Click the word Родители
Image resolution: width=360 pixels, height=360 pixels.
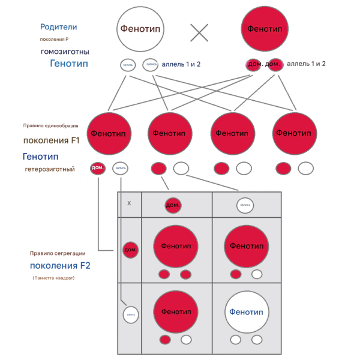(58, 27)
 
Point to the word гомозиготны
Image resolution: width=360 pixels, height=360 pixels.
(65, 52)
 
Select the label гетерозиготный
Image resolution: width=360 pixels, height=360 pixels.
(50, 169)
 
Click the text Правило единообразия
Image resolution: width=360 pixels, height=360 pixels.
(50, 127)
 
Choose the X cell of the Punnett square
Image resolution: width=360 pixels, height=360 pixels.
(129, 203)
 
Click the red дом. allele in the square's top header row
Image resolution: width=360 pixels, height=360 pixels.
(173, 205)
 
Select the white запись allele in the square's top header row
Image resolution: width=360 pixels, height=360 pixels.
(245, 205)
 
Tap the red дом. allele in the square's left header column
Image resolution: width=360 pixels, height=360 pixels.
(130, 249)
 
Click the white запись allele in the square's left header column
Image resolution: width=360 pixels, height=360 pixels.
(130, 313)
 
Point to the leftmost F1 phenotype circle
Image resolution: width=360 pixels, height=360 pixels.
(110, 133)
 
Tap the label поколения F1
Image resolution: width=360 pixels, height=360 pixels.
(51, 141)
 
